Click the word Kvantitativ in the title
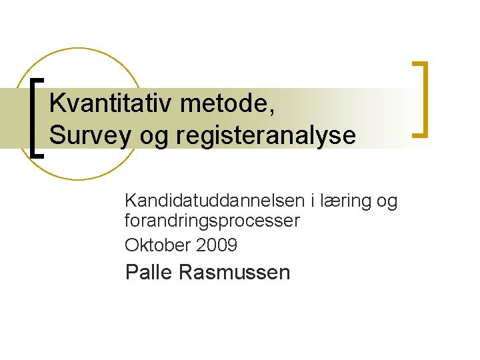106,105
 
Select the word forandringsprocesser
212,221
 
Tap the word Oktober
158,245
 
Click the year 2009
217,245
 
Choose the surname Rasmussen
235,272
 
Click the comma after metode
271,113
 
